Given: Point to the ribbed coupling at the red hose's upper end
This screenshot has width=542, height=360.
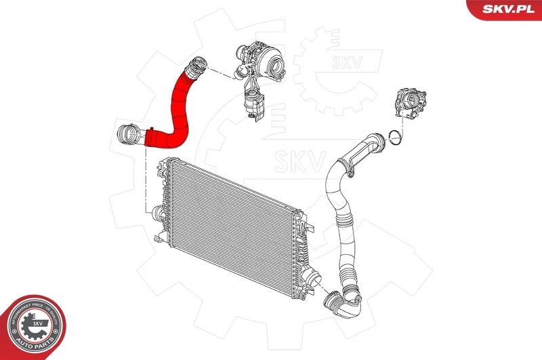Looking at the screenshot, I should point(196,66).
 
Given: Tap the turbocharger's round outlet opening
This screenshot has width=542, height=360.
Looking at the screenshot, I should point(278,67).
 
